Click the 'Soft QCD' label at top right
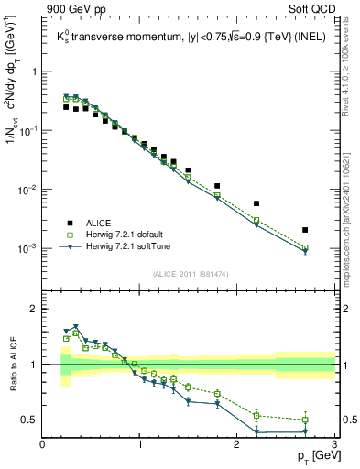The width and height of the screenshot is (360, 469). tap(311, 9)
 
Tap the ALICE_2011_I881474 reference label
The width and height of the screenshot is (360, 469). tap(189, 273)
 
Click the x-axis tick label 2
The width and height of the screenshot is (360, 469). tap(237, 444)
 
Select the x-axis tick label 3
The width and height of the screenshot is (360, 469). tap(333, 444)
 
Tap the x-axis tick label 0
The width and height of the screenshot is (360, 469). tap(43, 444)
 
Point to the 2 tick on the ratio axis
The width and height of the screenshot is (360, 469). tap(34, 309)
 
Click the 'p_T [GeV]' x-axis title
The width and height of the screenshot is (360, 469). tap(314, 456)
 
